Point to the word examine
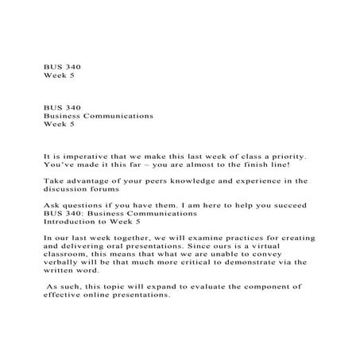click(206, 238)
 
